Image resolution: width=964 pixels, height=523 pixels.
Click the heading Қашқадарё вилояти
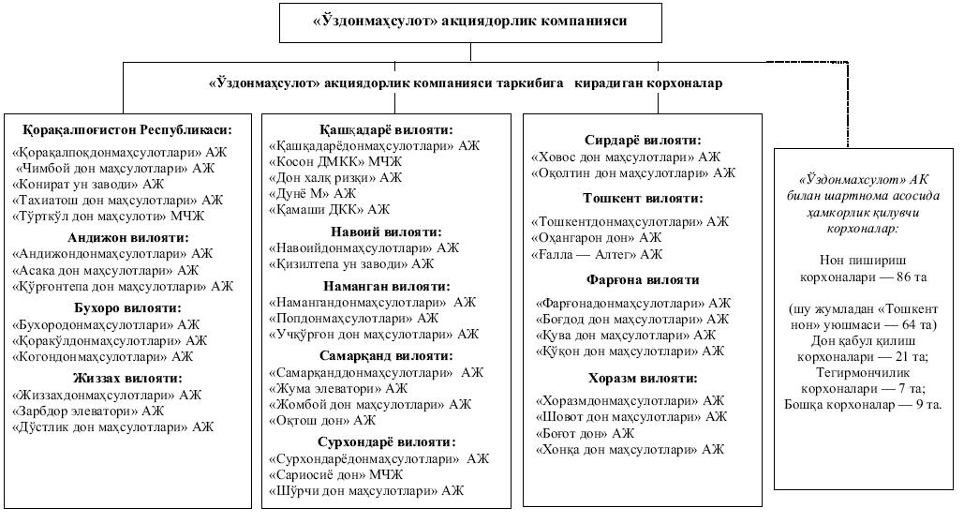point(385,130)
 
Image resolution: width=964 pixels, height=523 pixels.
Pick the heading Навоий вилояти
point(385,232)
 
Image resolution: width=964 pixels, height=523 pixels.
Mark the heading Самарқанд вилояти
point(385,356)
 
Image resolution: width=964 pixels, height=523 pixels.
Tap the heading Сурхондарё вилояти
point(385,441)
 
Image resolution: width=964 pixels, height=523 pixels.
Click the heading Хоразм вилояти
point(642,379)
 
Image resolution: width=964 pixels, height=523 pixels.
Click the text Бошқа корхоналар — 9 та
point(863,405)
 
